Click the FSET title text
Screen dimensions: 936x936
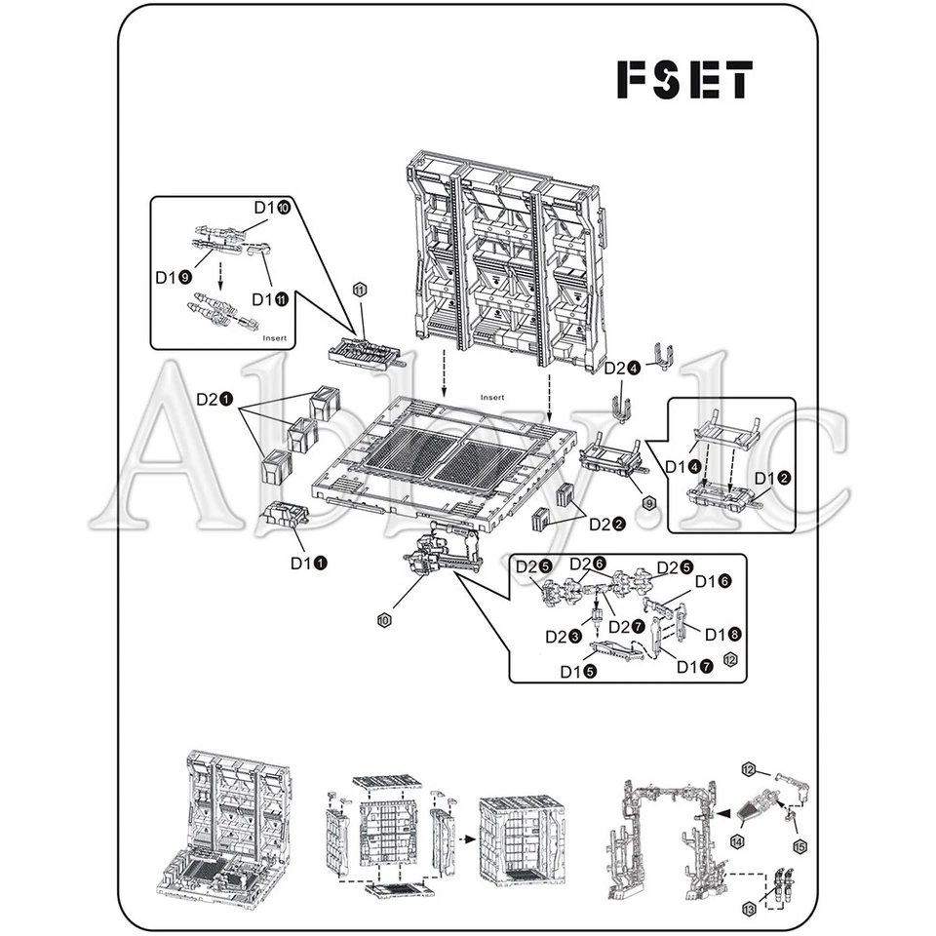684,80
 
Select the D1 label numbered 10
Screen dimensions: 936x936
272,208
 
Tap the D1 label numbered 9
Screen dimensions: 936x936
173,277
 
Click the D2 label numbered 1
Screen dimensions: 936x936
214,400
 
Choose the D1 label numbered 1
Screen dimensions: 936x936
307,563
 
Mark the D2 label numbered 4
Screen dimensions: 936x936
622,369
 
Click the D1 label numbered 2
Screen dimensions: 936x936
773,479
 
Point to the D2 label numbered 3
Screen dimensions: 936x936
564,637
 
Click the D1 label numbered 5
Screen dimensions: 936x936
578,672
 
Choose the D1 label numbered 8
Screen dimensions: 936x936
721,634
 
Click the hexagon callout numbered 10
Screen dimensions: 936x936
384,620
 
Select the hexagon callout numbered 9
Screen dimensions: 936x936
649,502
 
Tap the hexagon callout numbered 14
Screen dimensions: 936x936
737,840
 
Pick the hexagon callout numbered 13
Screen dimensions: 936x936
749,909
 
